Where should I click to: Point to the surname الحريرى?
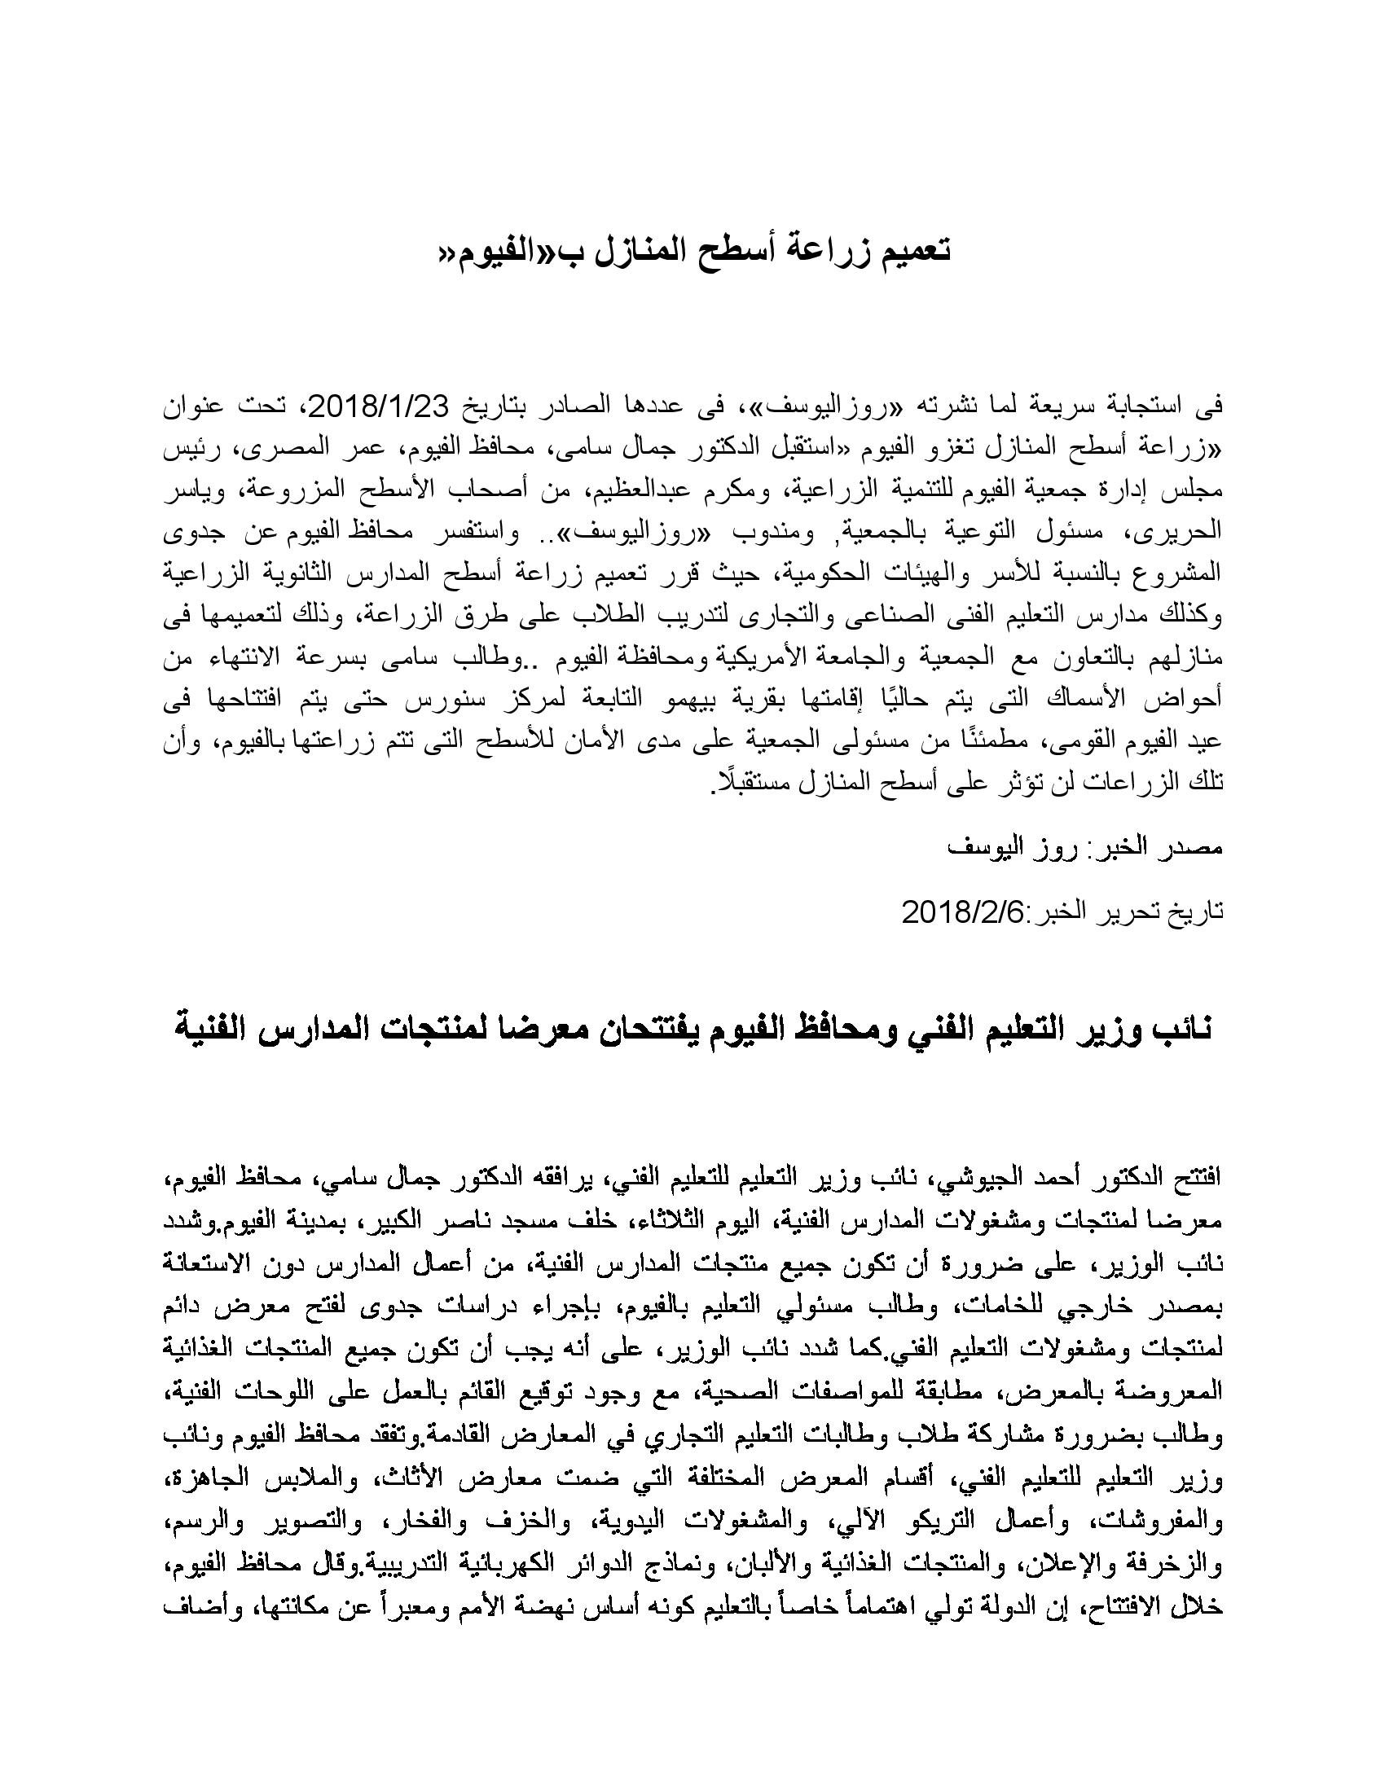pos(1181,532)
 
